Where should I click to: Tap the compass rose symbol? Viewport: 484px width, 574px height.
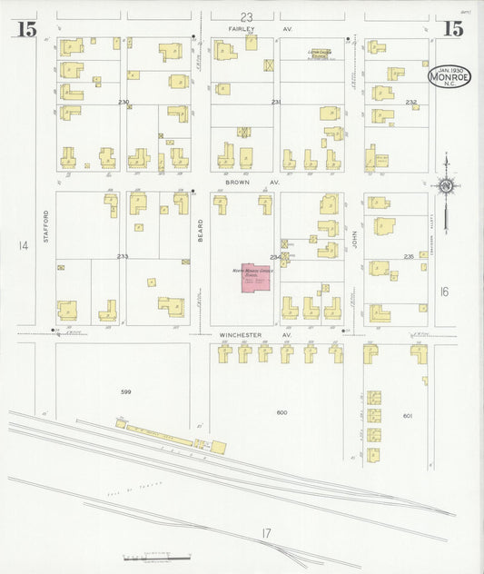[x=446, y=186]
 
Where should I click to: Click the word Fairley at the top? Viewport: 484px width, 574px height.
[x=239, y=29]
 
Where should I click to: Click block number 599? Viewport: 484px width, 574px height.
[x=126, y=391]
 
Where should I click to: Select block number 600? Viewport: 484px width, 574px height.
[x=282, y=412]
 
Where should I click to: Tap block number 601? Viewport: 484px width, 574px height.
[x=408, y=416]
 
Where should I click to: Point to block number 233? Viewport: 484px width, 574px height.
[x=123, y=256]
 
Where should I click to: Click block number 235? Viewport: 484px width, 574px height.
[x=409, y=257]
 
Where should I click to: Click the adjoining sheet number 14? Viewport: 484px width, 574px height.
[x=23, y=245]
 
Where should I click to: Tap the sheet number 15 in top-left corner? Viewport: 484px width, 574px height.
[x=25, y=29]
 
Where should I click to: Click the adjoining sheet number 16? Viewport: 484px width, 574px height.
[x=443, y=292]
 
